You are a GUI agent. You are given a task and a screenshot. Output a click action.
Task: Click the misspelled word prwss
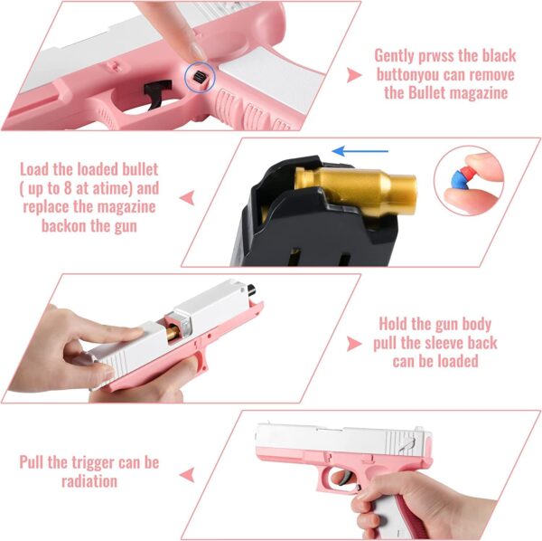439,55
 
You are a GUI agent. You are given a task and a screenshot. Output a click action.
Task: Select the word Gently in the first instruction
397,55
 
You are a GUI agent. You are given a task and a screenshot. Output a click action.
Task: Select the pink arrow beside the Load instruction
189,197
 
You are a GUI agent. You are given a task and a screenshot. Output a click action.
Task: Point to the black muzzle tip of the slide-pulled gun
251,289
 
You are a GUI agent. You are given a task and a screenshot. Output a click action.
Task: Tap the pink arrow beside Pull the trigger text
188,472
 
